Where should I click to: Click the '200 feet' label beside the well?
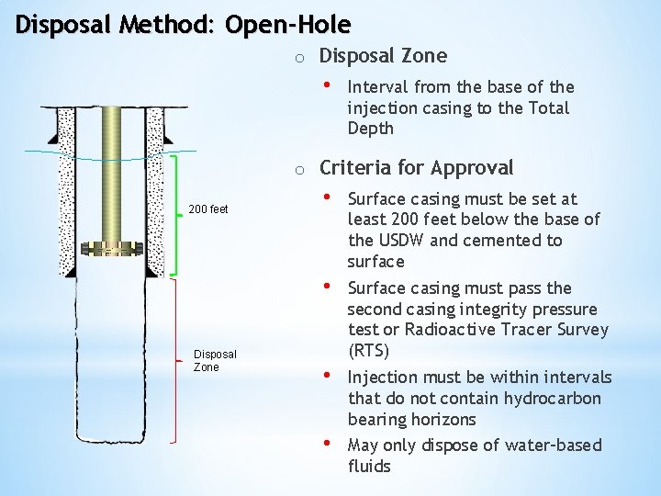pos(207,209)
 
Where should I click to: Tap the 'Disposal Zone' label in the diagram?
pos(215,360)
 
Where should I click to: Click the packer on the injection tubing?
pos(111,248)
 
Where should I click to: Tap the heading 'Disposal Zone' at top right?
pos(383,56)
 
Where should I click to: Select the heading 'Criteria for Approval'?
pos(416,168)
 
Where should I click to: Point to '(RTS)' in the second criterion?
pos(369,351)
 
